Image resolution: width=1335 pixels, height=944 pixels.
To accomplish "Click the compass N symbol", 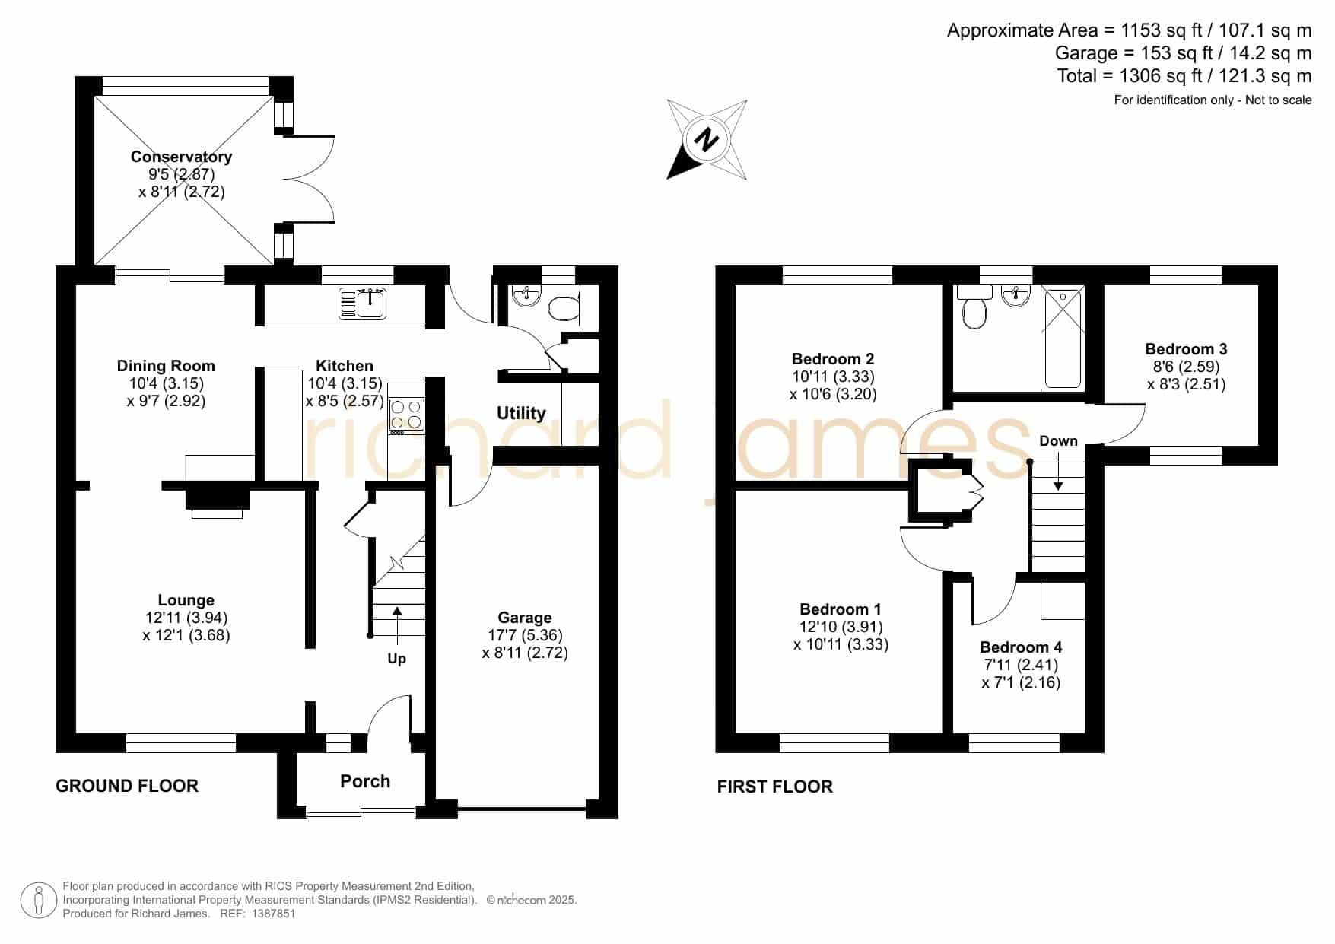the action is click(x=707, y=140).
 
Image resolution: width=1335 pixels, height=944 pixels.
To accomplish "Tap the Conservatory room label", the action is click(x=181, y=157).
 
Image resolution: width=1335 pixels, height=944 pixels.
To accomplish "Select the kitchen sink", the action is click(x=363, y=303).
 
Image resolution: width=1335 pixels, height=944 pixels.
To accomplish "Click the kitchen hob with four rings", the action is click(x=406, y=415).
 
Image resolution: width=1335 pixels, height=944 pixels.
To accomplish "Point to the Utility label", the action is click(x=521, y=413).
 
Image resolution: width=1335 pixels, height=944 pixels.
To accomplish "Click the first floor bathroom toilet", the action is click(x=974, y=307).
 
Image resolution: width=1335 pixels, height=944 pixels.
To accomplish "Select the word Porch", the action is click(x=365, y=781).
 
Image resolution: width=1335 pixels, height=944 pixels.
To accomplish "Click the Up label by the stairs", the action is click(x=397, y=659).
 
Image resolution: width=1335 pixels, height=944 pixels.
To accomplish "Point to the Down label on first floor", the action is click(x=1058, y=441).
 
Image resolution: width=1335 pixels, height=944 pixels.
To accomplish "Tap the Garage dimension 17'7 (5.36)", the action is click(x=525, y=635).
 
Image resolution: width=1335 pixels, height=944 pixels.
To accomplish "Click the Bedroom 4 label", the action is click(x=1021, y=647).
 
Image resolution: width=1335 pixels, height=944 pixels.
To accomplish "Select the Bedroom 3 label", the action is click(x=1186, y=349).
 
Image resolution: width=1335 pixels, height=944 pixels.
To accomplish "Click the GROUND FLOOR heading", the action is click(x=127, y=786).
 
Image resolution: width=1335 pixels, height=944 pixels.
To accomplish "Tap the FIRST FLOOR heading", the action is click(x=775, y=787).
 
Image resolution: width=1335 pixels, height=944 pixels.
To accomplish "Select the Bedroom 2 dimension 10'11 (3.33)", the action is click(x=833, y=377).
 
